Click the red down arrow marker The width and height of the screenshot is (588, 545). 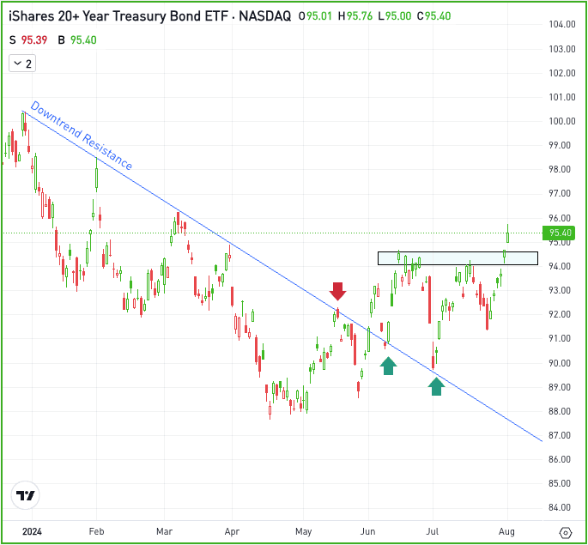pyautogui.click(x=337, y=290)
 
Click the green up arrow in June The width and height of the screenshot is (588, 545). pyautogui.click(x=388, y=366)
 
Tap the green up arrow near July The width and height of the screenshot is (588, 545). pyautogui.click(x=436, y=386)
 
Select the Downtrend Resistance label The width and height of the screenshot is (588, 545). pyautogui.click(x=82, y=136)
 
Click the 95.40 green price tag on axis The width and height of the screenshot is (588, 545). pyautogui.click(x=560, y=232)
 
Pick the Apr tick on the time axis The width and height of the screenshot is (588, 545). pyautogui.click(x=231, y=532)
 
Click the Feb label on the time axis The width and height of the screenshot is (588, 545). pyautogui.click(x=96, y=532)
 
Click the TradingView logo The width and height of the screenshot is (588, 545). pyautogui.click(x=25, y=496)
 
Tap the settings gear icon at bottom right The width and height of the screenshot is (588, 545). pyautogui.click(x=564, y=532)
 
